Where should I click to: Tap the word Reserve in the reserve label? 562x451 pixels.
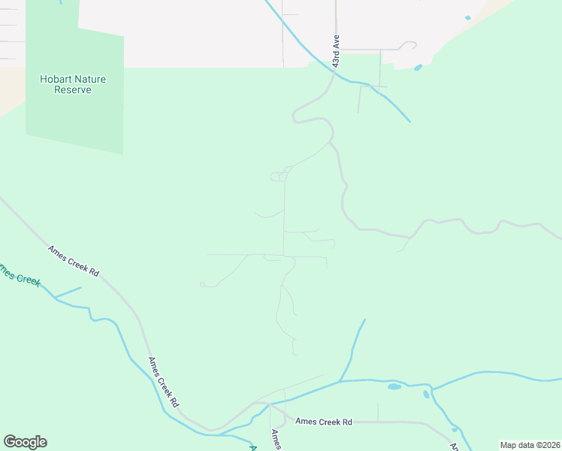(73, 89)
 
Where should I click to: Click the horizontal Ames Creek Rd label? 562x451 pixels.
(324, 422)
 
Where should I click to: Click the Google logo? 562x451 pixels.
(25, 442)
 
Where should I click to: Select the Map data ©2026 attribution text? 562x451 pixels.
(529, 445)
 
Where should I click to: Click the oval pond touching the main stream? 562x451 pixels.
(394, 386)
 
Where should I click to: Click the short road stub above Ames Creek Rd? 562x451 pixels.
(378, 411)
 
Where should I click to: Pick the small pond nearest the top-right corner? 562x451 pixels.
(468, 17)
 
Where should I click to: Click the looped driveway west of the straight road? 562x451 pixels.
(276, 177)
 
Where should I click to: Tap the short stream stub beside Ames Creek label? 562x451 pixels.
(68, 292)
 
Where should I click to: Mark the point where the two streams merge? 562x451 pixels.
(340, 381)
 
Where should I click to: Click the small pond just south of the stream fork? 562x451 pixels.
(426, 394)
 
